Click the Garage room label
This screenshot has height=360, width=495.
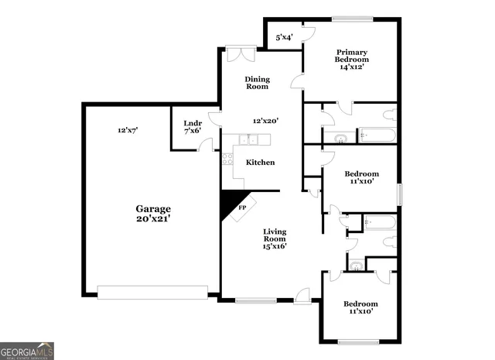pyautogui.click(x=153, y=209)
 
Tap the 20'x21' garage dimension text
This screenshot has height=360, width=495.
pyautogui.click(x=153, y=219)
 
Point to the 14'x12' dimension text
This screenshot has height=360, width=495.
pyautogui.click(x=351, y=67)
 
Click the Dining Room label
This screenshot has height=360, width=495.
pyautogui.click(x=257, y=82)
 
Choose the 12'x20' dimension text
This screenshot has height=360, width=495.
pyautogui.click(x=265, y=121)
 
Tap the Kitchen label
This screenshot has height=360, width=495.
pyautogui.click(x=260, y=163)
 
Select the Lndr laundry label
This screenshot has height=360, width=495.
pyautogui.click(x=192, y=122)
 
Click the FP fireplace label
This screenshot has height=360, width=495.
pyautogui.click(x=242, y=207)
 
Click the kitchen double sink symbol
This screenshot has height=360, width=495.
pyautogui.click(x=248, y=139)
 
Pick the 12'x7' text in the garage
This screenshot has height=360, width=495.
pyautogui.click(x=127, y=131)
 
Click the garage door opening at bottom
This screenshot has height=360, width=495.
pyautogui.click(x=152, y=292)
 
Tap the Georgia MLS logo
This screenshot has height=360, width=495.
pyautogui.click(x=27, y=351)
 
